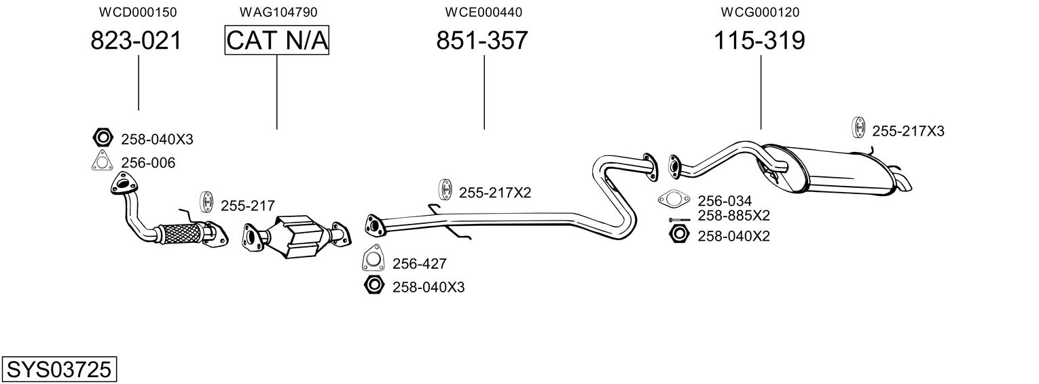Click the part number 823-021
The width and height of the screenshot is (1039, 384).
click(x=136, y=41)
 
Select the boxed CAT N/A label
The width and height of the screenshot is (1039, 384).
click(x=277, y=40)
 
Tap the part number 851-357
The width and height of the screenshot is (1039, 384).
click(x=482, y=41)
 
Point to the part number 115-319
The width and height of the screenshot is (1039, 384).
click(x=759, y=41)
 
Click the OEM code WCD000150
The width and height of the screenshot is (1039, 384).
click(x=138, y=12)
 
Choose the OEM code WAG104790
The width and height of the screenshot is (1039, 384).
click(x=278, y=12)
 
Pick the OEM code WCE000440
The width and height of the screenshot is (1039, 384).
click(x=484, y=12)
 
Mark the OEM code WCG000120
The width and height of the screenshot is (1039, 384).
click(x=760, y=12)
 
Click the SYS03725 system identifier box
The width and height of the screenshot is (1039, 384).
click(x=59, y=369)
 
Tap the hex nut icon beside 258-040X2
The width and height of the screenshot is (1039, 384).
click(x=679, y=234)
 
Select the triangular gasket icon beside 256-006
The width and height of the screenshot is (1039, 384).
click(x=102, y=161)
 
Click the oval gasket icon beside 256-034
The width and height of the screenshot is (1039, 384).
click(x=673, y=199)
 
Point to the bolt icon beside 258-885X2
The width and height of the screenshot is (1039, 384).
click(x=680, y=219)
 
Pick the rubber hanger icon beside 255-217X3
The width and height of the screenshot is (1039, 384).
click(x=859, y=128)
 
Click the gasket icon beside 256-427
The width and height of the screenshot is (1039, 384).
click(x=373, y=258)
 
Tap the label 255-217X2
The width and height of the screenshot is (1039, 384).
click(x=495, y=193)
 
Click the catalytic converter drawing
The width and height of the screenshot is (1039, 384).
click(x=297, y=236)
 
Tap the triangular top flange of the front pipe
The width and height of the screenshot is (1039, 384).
click(x=124, y=183)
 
